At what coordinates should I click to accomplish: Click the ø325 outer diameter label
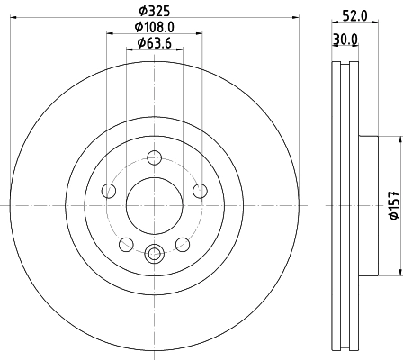click(154, 12)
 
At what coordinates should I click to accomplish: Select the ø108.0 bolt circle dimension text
click(154, 28)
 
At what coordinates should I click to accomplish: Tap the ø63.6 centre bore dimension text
click(154, 46)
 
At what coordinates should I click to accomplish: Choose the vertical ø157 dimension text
click(392, 205)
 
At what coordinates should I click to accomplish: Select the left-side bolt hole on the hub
click(110, 190)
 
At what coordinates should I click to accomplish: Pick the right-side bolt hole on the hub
click(198, 190)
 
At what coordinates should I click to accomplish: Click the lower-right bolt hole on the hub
click(181, 243)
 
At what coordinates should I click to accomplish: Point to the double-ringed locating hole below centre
click(154, 254)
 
